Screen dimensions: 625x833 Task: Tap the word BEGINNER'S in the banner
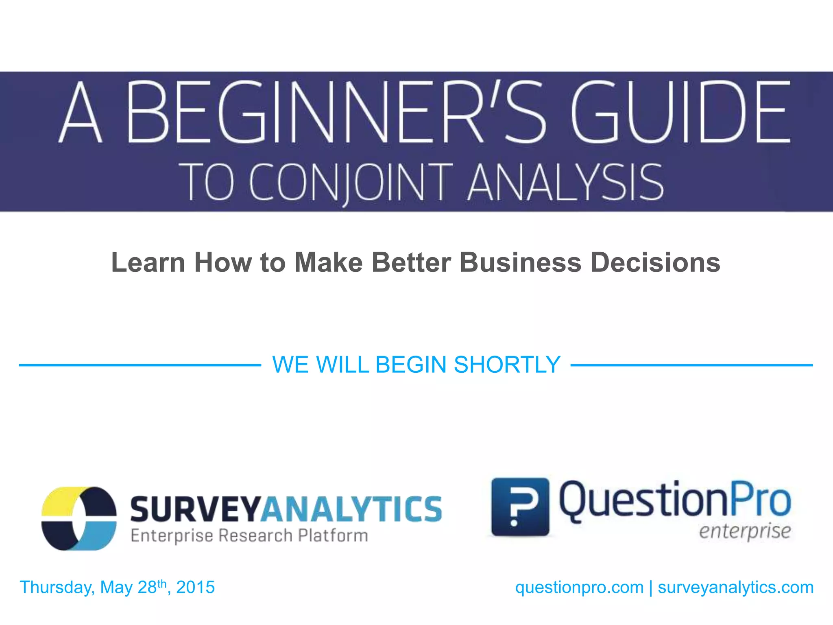click(336, 112)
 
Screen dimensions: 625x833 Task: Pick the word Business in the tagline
click(521, 262)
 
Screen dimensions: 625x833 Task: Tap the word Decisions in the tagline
click(655, 262)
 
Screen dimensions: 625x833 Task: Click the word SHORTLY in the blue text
click(507, 365)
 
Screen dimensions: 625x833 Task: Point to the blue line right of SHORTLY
click(691, 365)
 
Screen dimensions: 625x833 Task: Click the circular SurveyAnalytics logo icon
click(79, 518)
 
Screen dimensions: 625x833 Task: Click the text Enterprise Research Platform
click(249, 536)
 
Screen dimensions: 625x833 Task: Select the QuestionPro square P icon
click(520, 507)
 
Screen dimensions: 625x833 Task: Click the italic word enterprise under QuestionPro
click(745, 532)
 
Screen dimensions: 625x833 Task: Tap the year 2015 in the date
click(195, 588)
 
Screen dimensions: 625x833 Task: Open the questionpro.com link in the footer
click(579, 588)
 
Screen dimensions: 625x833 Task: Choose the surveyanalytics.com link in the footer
click(736, 588)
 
